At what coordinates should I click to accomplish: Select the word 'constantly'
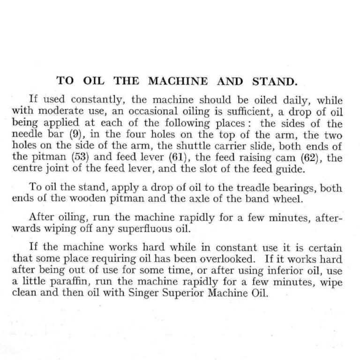[x=91, y=100]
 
